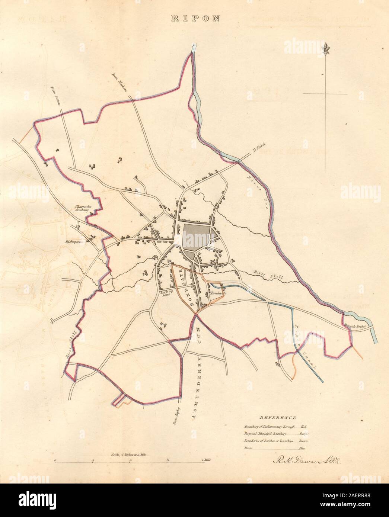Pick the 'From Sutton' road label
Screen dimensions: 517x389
tap(57, 96)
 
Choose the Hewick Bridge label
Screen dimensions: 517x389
tap(355, 326)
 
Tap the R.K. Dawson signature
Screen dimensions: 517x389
tap(304, 461)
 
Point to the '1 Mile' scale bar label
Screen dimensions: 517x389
tap(206, 460)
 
